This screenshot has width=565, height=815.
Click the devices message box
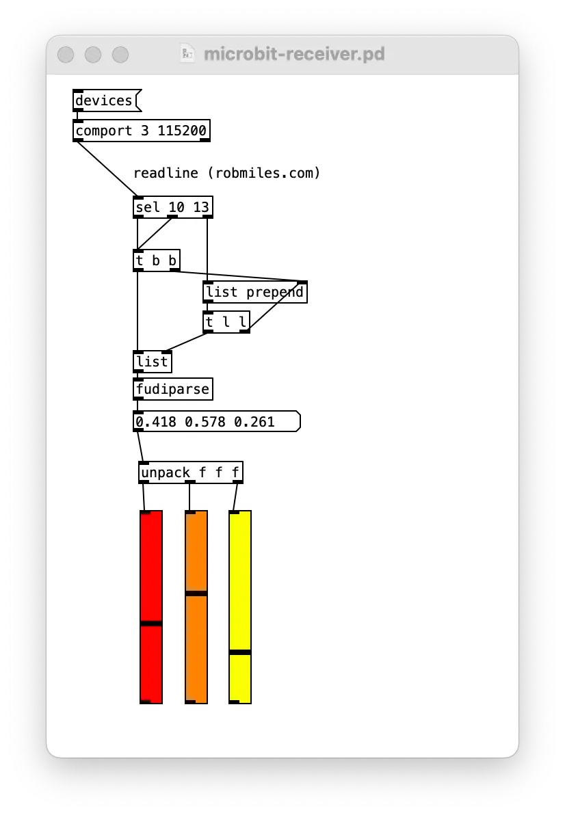point(107,101)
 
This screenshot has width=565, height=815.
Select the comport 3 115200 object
point(142,131)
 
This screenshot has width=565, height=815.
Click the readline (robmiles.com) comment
point(226,173)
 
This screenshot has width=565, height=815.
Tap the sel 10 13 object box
point(172,207)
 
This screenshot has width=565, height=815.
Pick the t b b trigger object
point(157,260)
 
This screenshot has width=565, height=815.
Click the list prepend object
point(254,291)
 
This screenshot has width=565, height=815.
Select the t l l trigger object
point(226,322)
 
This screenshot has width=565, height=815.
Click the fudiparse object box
point(172,389)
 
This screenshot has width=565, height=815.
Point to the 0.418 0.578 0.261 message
point(217,422)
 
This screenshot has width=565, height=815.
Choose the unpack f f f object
point(191,472)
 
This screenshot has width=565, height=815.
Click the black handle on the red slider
point(151,623)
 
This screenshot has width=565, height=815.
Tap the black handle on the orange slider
point(196,593)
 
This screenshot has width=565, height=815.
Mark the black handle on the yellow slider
point(240,652)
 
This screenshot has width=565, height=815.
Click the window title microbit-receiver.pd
point(294,53)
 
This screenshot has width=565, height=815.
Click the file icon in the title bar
point(187,53)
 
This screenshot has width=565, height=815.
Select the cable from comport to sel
point(107,169)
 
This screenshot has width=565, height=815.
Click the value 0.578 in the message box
point(205,422)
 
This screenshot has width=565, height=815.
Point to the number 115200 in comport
point(182,131)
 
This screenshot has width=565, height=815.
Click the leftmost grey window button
point(66,54)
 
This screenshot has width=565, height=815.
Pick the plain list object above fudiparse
point(153,362)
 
